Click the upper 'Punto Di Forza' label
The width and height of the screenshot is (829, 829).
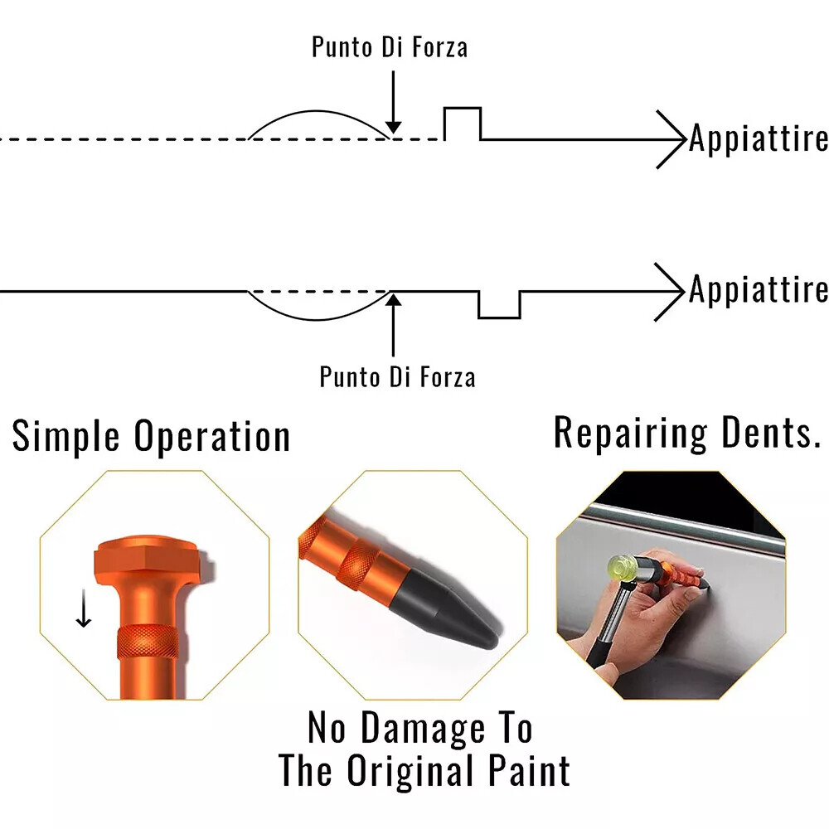390,47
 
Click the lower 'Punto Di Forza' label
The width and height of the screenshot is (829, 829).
398,377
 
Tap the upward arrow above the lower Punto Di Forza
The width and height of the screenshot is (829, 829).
394,323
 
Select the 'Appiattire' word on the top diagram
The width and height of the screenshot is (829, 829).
759,138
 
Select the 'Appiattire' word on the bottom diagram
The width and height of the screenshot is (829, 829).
759,290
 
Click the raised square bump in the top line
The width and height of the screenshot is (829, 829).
463,123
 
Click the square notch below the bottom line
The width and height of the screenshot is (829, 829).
499,305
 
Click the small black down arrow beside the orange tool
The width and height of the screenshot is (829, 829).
83,611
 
